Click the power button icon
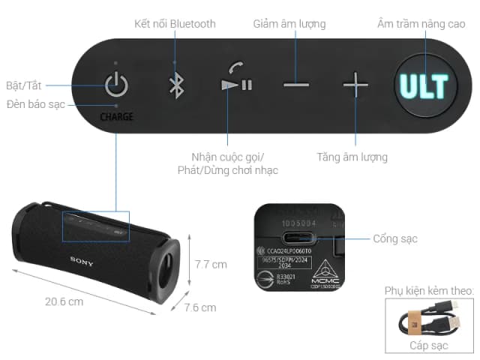(x=115, y=84)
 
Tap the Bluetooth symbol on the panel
(x=175, y=84)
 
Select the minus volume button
(x=296, y=84)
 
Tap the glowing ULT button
(x=423, y=85)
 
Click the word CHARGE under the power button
(x=115, y=117)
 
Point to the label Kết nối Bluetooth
(x=175, y=24)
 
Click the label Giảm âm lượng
(x=289, y=24)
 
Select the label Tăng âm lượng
(x=352, y=157)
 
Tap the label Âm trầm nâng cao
(x=422, y=24)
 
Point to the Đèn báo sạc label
(x=37, y=103)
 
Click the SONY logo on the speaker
(x=82, y=259)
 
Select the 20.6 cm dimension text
(x=63, y=301)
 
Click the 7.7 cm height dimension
(x=211, y=264)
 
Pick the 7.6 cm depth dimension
(x=200, y=307)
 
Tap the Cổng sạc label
(x=394, y=239)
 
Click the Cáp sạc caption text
(x=428, y=346)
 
